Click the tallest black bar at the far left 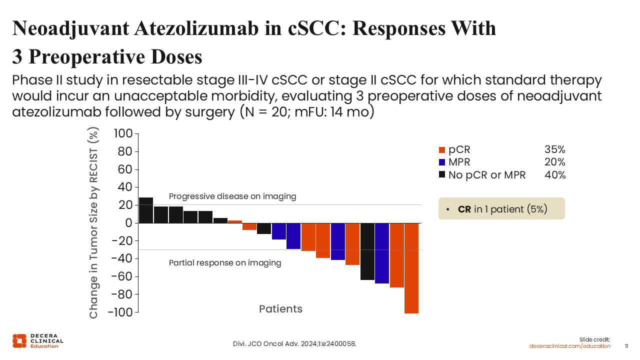146,210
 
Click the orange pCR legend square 442,149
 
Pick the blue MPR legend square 442,162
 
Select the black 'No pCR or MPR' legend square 442,175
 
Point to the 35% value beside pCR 554,149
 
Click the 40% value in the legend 554,175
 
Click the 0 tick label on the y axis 128,223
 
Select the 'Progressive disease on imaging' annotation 232,196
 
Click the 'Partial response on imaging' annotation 225,262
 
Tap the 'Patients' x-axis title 280,309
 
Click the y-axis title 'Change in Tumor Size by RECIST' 94,223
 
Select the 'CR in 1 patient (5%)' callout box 501,208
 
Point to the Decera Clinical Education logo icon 19,340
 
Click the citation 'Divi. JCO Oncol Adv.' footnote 295,344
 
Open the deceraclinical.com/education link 570,346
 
